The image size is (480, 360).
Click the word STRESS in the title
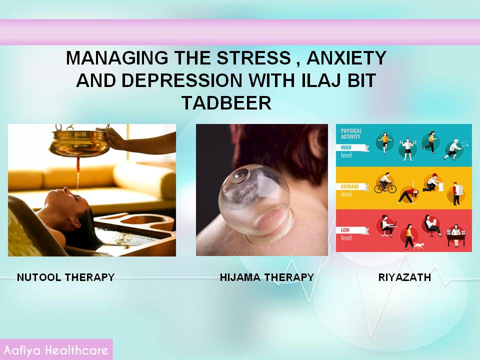(254, 58)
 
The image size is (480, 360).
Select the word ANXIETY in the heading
(346, 58)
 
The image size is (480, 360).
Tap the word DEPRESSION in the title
(182, 80)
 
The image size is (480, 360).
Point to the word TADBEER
(226, 102)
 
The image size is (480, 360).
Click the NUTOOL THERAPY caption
(66, 277)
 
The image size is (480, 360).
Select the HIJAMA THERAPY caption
(267, 277)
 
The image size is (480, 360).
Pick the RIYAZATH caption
(404, 277)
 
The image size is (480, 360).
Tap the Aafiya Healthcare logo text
(56, 350)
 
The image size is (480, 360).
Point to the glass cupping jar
(254, 202)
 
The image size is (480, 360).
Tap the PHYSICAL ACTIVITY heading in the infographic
(351, 134)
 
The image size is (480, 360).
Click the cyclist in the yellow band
(385, 183)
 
